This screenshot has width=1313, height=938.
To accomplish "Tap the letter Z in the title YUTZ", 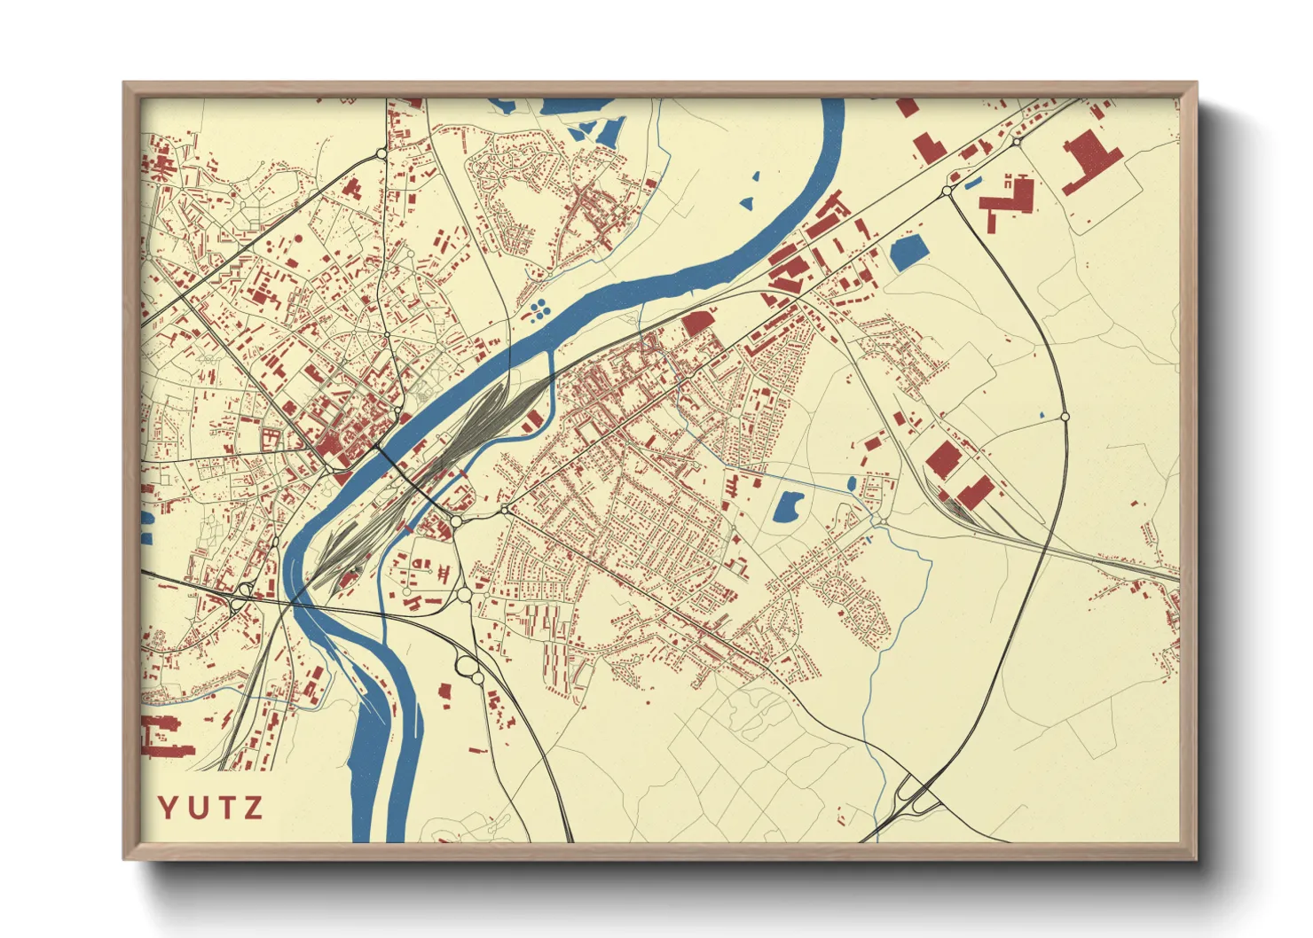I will [254, 808].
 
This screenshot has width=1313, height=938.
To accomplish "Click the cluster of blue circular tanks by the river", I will [539, 309].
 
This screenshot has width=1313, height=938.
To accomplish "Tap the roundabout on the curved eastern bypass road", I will [1065, 416].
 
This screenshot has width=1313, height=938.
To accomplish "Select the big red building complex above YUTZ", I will [164, 737].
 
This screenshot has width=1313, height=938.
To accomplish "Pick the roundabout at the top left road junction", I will [381, 154].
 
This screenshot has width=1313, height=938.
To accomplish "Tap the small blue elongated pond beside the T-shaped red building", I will [973, 184].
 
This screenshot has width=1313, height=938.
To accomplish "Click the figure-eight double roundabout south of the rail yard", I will [467, 669].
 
